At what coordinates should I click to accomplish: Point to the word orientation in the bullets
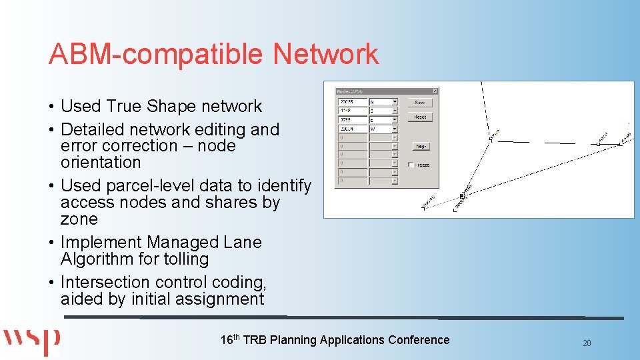(x=101, y=163)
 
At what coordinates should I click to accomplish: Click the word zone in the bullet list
(x=79, y=219)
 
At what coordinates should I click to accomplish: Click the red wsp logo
(x=32, y=341)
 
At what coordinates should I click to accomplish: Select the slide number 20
(x=587, y=343)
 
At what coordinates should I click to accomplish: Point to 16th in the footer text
(x=230, y=339)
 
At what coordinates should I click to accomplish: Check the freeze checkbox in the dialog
(x=411, y=164)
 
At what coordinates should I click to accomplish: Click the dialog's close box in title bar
(x=435, y=91)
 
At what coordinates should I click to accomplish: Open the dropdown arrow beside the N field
(x=395, y=102)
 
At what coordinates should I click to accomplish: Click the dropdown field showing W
(x=384, y=129)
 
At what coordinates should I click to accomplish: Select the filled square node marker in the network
(x=462, y=197)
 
